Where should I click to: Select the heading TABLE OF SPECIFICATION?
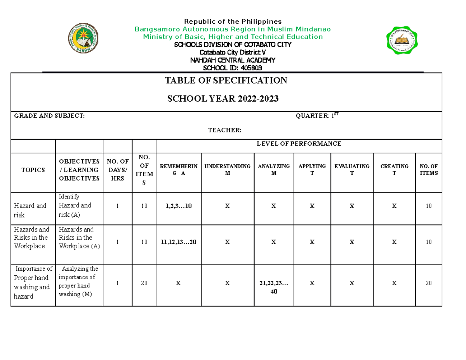click(x=226, y=81)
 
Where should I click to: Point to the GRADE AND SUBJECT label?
click(x=49, y=116)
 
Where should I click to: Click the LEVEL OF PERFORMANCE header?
click(x=299, y=144)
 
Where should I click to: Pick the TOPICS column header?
click(x=33, y=170)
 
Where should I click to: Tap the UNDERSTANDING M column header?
click(x=227, y=170)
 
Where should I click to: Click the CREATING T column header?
click(x=394, y=170)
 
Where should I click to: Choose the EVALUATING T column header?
click(x=352, y=170)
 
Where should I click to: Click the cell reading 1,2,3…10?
click(x=178, y=206)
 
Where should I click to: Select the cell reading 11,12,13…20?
click(x=178, y=242)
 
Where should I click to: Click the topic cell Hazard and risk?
click(x=30, y=210)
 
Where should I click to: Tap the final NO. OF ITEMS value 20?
click(x=428, y=283)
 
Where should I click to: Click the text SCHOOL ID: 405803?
click(x=233, y=68)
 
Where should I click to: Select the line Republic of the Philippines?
click(x=233, y=21)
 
